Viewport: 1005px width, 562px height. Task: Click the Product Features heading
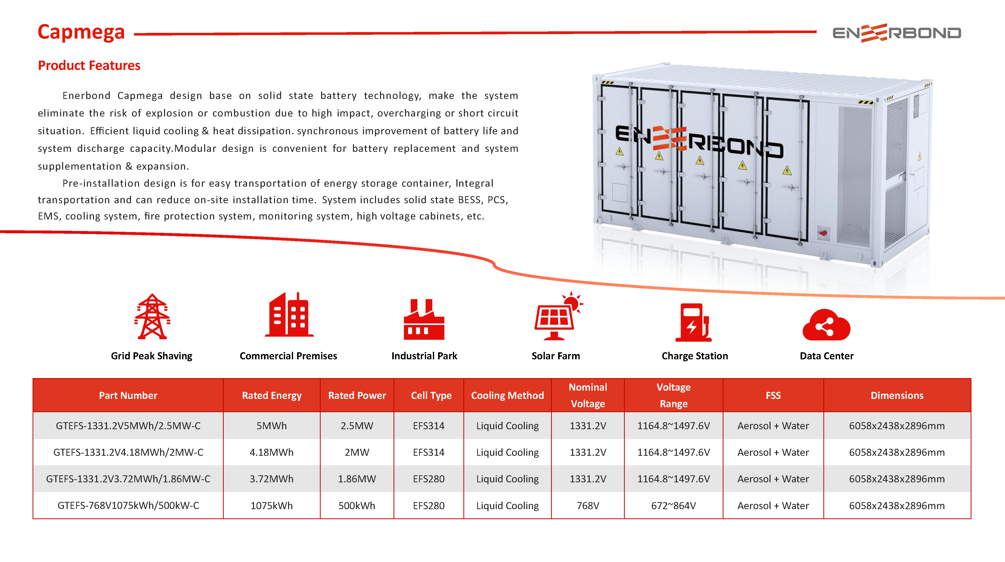click(89, 66)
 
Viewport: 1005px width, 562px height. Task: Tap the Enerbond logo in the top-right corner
click(897, 33)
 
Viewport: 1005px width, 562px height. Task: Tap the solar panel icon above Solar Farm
click(557, 317)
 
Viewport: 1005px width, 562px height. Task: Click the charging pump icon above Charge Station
click(693, 322)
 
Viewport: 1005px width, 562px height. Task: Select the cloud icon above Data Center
click(826, 325)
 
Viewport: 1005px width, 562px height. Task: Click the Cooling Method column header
click(507, 395)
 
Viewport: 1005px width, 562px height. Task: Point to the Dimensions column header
click(897, 395)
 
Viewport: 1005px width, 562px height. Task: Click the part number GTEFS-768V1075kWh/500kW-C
click(128, 505)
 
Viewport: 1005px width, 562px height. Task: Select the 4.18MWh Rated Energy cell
click(272, 452)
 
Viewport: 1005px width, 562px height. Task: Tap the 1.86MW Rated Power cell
click(357, 479)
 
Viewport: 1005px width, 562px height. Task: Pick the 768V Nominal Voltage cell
click(588, 505)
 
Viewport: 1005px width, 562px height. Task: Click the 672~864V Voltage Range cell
click(673, 505)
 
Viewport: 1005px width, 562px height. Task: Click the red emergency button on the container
click(823, 233)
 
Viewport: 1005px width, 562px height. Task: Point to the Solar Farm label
click(556, 356)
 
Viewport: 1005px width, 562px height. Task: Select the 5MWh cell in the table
click(272, 426)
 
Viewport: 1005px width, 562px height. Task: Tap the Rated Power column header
click(357, 395)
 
